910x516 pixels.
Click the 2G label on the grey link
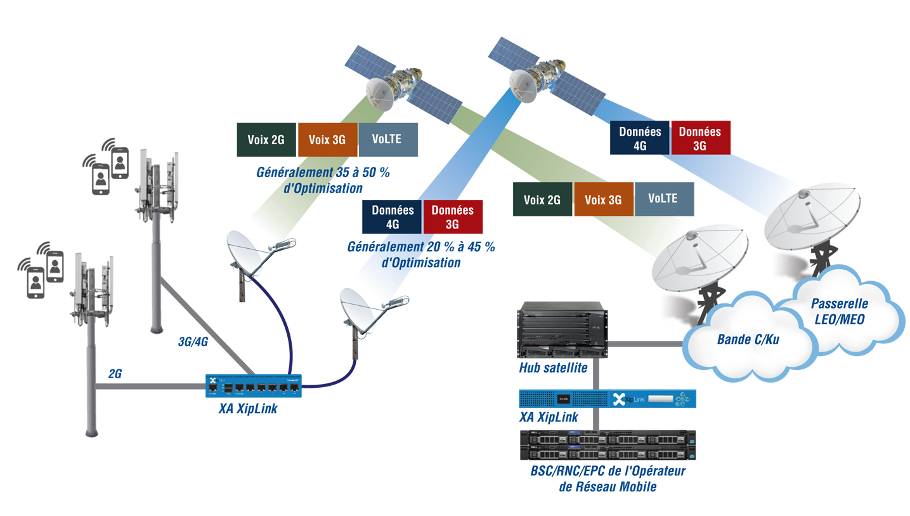115,373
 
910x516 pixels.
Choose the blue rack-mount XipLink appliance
607,398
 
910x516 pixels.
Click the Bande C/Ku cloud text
748,339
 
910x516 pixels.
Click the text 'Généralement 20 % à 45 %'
421,247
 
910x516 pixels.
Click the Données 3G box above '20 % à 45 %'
452,216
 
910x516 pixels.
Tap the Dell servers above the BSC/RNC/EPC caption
607,444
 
